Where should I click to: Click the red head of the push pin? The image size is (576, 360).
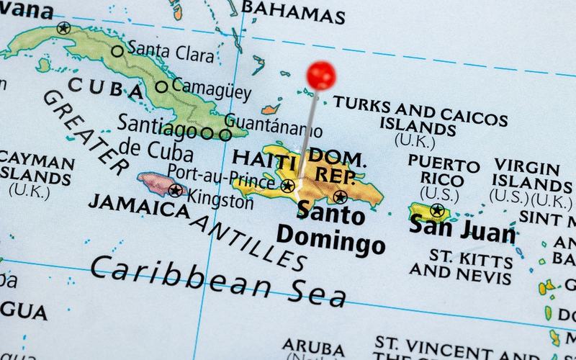[320, 75]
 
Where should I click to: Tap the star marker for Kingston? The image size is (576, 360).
[176, 190]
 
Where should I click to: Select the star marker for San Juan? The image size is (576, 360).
[436, 211]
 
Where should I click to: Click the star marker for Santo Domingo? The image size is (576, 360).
[341, 196]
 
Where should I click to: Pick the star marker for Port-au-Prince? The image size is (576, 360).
[287, 186]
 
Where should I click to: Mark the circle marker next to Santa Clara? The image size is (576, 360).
[117, 51]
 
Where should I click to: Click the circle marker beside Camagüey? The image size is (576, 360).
[162, 87]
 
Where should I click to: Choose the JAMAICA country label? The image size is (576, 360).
[134, 207]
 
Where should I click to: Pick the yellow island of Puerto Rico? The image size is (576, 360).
[431, 213]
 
